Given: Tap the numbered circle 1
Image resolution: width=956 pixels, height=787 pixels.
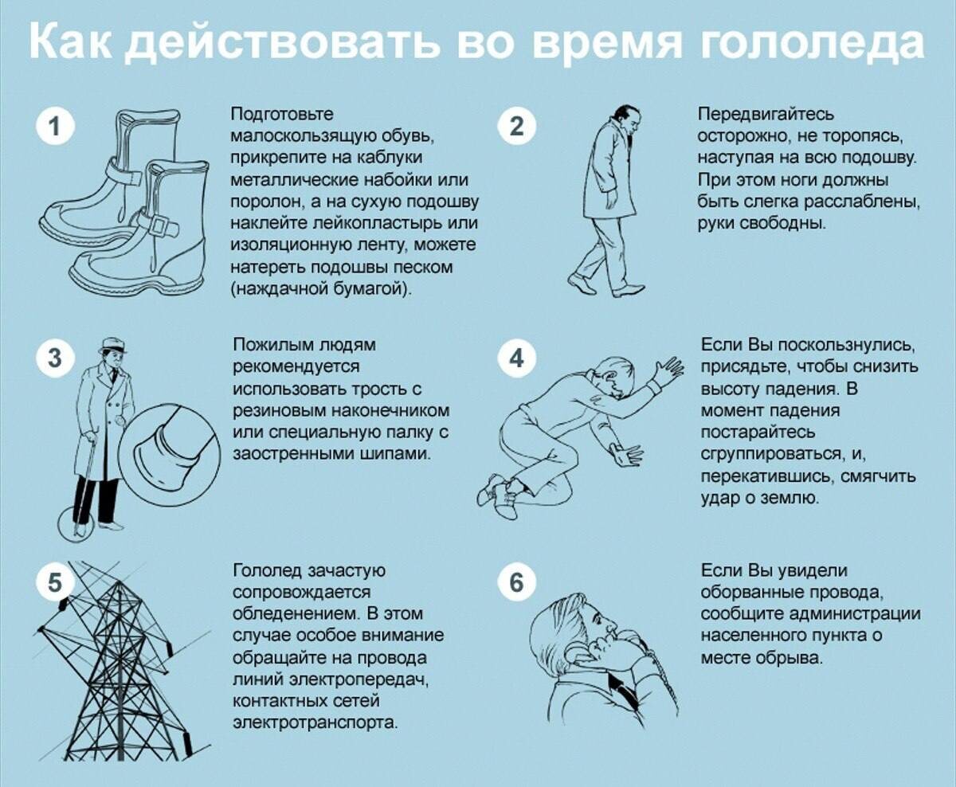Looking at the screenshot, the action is point(55,126).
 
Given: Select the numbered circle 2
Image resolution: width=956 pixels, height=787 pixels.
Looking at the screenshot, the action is point(517,126).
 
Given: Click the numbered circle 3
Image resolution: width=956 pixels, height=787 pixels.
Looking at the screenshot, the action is point(55,358).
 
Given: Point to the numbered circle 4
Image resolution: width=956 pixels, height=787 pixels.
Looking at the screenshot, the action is point(517,358).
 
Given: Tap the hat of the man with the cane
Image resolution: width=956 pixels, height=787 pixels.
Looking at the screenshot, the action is point(112,346).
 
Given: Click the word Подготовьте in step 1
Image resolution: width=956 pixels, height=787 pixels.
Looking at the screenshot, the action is point(282,114).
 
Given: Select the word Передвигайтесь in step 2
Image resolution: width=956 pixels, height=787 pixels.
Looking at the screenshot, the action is point(766,114).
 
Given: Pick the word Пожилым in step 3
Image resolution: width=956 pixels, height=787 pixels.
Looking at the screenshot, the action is point(272,345).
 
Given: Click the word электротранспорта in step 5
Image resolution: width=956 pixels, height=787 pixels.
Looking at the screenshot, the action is point(315,722).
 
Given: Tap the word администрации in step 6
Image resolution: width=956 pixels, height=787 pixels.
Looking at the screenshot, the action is point(856,614).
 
